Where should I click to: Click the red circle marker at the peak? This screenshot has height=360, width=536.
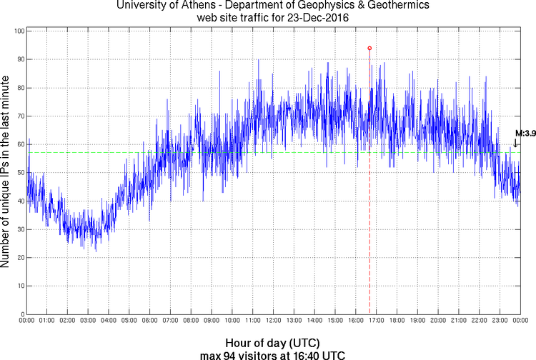[369, 48]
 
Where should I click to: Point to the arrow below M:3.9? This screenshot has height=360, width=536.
[516, 143]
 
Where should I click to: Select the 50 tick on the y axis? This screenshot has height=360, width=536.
[21, 173]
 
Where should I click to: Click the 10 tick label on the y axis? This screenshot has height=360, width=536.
[21, 286]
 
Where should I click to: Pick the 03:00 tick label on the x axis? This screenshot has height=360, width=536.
[88, 321]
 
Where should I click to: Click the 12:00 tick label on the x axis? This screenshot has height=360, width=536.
[273, 321]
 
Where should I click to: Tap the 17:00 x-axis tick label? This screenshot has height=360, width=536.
[376, 321]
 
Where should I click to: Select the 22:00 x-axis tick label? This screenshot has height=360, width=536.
[479, 321]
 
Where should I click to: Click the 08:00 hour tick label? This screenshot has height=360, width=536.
[191, 321]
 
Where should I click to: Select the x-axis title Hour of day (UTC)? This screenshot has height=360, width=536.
[273, 341]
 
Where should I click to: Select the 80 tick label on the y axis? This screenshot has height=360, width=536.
[21, 88]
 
